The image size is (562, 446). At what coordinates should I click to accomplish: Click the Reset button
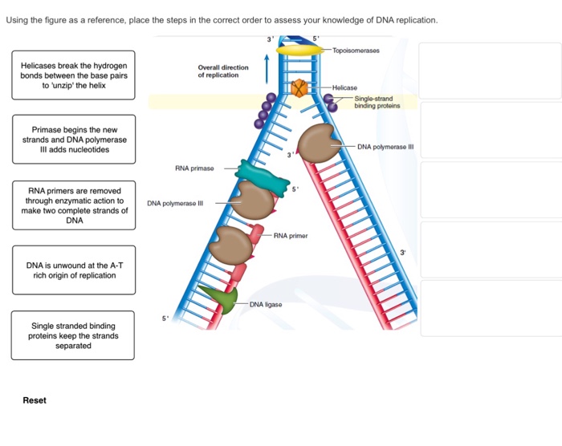click(35, 400)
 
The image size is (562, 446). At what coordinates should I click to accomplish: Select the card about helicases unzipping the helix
click(73, 75)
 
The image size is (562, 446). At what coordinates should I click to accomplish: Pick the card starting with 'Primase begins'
click(73, 140)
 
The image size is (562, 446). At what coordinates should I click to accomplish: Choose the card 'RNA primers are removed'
click(73, 205)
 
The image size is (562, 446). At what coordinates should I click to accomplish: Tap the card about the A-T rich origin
click(73, 270)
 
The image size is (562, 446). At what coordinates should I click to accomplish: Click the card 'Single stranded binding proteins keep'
click(73, 335)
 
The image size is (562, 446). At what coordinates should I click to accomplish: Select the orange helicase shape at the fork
click(299, 87)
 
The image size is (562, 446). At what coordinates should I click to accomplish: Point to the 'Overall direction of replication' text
click(223, 71)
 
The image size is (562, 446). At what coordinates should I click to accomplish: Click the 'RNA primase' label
click(193, 169)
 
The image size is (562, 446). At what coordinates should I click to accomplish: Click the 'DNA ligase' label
click(266, 305)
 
